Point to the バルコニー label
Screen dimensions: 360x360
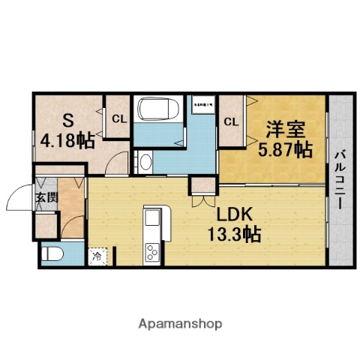pos(339,180)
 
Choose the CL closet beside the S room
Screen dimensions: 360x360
pos(118,118)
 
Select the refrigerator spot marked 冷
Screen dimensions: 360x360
pos(97,256)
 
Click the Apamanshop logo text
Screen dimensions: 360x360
pos(181,324)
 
